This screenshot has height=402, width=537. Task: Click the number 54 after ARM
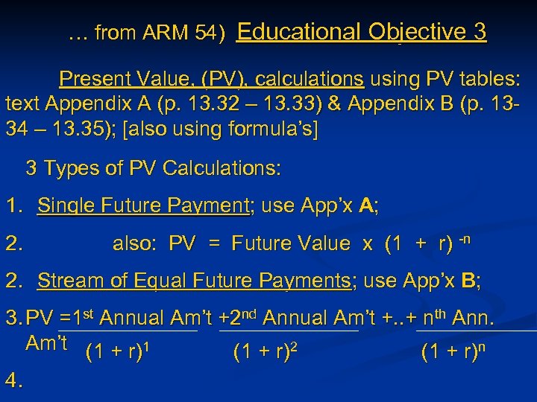tap(198, 34)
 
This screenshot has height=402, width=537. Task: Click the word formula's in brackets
tap(273, 130)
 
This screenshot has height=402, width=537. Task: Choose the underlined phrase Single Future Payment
tap(143, 205)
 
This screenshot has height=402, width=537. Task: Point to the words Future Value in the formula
tap(290, 243)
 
